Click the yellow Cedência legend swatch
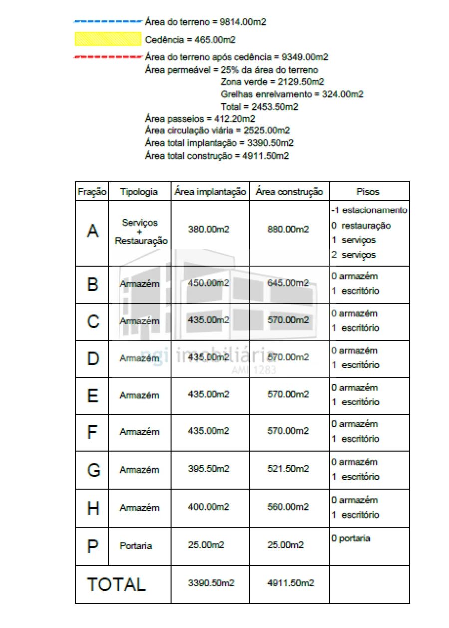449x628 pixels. click(108, 39)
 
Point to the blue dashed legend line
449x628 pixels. click(108, 22)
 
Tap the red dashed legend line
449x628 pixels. click(108, 57)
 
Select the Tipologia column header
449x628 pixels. click(139, 192)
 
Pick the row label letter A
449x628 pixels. click(93, 231)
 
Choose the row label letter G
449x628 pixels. click(93, 470)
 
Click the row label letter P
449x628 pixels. click(93, 546)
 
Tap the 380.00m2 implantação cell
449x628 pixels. click(209, 230)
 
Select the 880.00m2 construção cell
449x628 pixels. click(288, 230)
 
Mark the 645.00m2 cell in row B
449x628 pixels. click(288, 283)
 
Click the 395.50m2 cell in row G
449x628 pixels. click(209, 469)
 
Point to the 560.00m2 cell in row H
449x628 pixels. click(288, 507)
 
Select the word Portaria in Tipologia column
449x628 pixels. click(136, 546)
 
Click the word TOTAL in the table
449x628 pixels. click(117, 584)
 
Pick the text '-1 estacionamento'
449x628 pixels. click(369, 210)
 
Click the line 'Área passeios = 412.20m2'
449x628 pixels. click(200, 119)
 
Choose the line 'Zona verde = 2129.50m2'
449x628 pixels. click(272, 82)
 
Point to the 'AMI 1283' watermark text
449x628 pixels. click(254, 371)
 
